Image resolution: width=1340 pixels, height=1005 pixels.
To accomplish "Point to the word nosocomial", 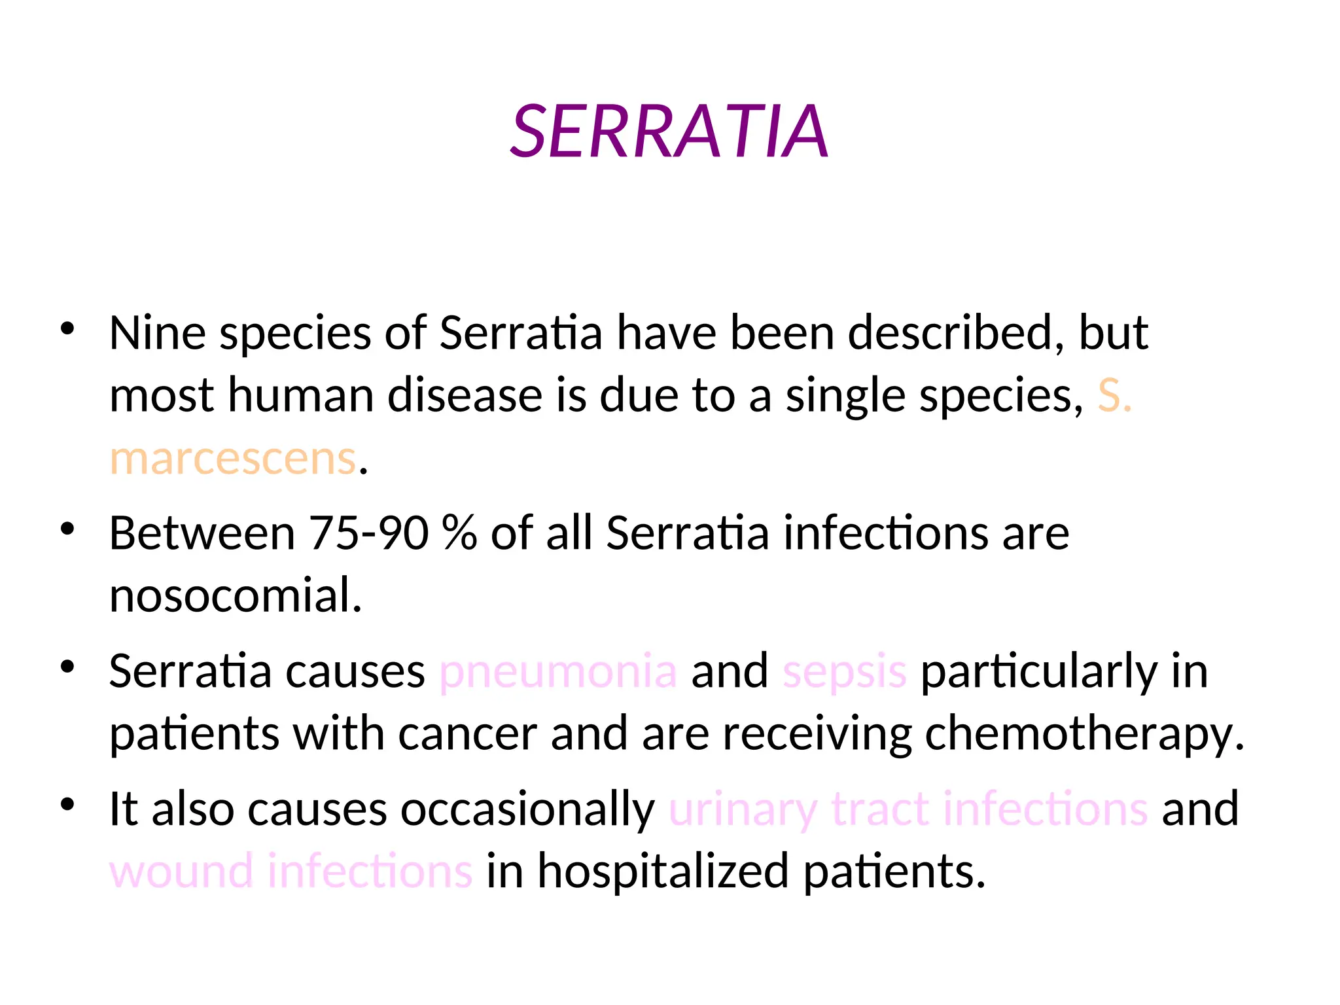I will pos(236,595).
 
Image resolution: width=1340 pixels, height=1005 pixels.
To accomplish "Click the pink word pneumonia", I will pos(558,671).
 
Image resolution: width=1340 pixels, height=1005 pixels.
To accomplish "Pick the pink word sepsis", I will pos(845,671).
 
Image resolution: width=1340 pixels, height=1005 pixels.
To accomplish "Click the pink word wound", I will pos(181,872).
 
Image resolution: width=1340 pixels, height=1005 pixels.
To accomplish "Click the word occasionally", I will pos(527,809).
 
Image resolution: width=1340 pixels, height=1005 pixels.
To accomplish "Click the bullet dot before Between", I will pos(67,528).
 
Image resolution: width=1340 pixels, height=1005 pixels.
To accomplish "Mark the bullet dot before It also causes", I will pos(67,804).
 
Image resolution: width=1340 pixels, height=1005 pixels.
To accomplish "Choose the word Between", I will pos(202,533).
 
